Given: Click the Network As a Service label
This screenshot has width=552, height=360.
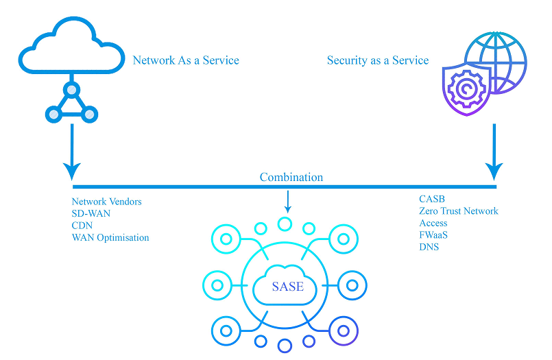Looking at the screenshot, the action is click(x=186, y=60).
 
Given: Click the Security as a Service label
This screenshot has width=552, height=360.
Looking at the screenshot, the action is click(x=378, y=60).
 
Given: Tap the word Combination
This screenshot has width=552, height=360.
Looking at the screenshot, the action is click(x=291, y=177).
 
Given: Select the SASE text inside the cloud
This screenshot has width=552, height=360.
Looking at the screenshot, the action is click(x=287, y=287).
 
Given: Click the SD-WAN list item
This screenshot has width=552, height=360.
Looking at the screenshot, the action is click(x=91, y=213).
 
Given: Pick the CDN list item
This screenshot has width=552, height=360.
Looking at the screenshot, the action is click(x=82, y=225).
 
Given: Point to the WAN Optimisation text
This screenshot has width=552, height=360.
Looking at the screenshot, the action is click(x=110, y=237).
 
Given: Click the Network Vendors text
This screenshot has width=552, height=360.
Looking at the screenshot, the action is click(x=107, y=202).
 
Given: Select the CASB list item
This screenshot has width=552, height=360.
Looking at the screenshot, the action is click(x=432, y=199).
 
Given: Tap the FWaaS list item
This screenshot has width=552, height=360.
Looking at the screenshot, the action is click(x=433, y=235).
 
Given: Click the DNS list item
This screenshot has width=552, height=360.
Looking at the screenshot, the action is click(x=429, y=247).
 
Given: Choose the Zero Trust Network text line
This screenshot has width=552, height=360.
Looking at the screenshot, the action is click(x=459, y=211).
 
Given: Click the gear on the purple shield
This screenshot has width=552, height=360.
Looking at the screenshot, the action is click(x=466, y=88).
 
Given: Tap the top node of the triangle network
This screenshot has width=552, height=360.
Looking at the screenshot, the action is click(x=71, y=90).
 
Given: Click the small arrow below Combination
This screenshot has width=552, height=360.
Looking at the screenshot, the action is click(x=288, y=202).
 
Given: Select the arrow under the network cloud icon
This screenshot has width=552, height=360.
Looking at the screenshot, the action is click(x=72, y=152).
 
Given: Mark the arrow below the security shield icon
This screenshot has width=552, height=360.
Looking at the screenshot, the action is click(x=494, y=152).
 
